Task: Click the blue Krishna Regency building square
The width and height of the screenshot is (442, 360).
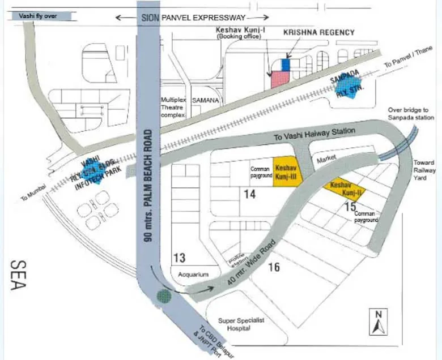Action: point(286,65)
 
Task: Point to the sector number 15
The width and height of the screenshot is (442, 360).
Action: point(351,207)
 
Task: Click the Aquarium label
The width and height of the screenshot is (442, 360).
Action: point(194,275)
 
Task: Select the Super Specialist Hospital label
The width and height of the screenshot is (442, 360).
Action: point(240,324)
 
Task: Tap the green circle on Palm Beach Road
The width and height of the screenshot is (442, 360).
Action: point(164,295)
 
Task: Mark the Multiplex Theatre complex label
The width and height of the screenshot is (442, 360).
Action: point(173,106)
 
